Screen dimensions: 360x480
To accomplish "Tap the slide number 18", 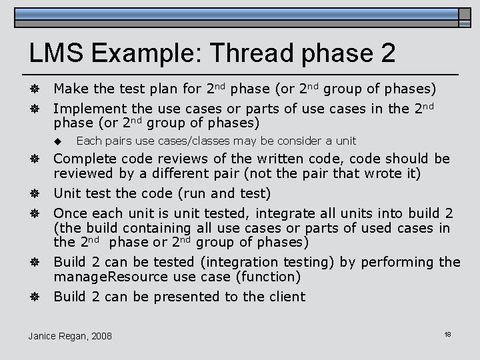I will pos(448,333).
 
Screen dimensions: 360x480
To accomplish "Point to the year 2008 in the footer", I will pos(101,335).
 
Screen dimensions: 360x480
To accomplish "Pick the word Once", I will pos(69,213).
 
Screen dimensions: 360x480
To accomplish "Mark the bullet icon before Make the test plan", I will pos(34,89).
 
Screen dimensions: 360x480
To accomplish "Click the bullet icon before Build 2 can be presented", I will pos(34,297).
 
